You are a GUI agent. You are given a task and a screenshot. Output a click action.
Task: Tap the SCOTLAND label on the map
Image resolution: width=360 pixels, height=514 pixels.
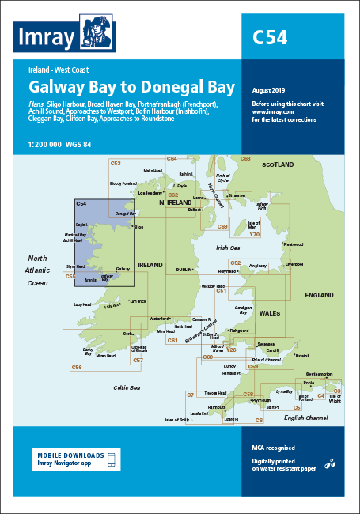278,164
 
